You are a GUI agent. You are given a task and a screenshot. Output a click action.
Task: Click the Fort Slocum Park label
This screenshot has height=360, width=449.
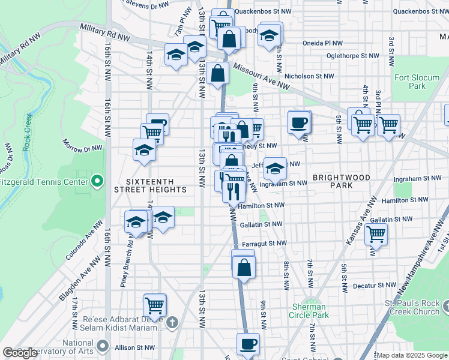pos(410,82)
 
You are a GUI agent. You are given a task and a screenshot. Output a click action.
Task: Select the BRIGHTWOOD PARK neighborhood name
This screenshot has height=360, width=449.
pos(341,181)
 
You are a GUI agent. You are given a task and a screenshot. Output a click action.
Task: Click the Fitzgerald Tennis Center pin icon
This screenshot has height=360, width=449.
pos(97,181)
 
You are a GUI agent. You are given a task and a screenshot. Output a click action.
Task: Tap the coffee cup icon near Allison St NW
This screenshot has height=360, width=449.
pos(248,344)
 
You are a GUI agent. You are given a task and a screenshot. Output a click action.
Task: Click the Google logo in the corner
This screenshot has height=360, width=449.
pos(20,353)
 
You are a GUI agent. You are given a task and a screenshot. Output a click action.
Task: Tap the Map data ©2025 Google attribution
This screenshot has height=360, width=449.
pos(412,355)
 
